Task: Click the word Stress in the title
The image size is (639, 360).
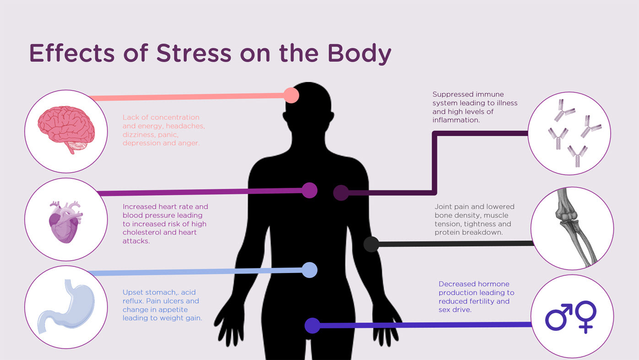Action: pos(194,53)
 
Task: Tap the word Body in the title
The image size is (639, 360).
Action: pos(359,54)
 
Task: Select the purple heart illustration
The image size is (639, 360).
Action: pos(65,222)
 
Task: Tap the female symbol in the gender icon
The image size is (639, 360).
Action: pos(586,315)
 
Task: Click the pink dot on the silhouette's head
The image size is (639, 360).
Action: pos(291,95)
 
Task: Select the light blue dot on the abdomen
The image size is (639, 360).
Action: pos(310,270)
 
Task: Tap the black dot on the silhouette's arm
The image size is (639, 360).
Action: pos(371,244)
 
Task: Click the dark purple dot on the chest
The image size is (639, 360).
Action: pos(341,193)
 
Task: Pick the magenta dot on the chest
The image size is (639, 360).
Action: pos(310,190)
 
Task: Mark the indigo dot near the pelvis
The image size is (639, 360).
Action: pos(312,326)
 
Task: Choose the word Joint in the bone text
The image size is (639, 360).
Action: pos(444,207)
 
